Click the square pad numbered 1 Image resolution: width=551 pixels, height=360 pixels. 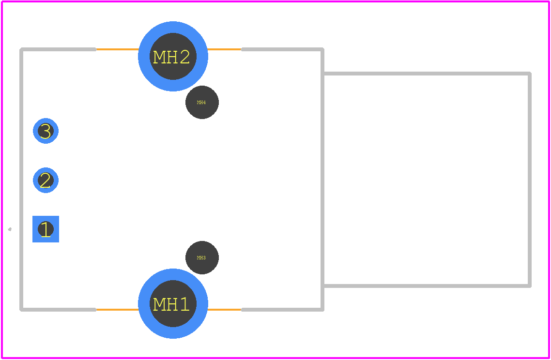click(46, 229)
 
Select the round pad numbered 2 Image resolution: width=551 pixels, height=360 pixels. click(46, 180)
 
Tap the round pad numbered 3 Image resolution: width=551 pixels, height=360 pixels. click(46, 131)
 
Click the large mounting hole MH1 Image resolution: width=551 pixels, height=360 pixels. click(173, 303)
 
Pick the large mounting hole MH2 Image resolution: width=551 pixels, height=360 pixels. click(173, 56)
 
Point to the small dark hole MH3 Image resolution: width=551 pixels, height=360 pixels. click(202, 257)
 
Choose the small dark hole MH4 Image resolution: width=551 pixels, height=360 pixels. click(202, 102)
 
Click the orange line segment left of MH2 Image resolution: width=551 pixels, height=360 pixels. click(117, 49)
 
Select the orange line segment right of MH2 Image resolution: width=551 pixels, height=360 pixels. click(224, 49)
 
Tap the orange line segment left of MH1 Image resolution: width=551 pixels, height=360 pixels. click(117, 310)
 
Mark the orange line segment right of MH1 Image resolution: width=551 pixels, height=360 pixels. click(224, 310)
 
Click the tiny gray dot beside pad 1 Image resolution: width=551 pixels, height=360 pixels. click(10, 229)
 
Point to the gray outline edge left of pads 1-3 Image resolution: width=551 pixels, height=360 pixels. click(21, 180)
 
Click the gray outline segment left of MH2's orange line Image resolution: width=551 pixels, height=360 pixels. click(58, 49)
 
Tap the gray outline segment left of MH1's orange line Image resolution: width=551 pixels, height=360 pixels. click(58, 310)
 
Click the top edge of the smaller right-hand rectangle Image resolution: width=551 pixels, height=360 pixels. click(427, 74)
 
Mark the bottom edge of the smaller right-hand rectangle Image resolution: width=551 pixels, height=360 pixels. click(427, 286)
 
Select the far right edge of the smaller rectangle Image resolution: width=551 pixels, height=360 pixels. click(530, 180)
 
